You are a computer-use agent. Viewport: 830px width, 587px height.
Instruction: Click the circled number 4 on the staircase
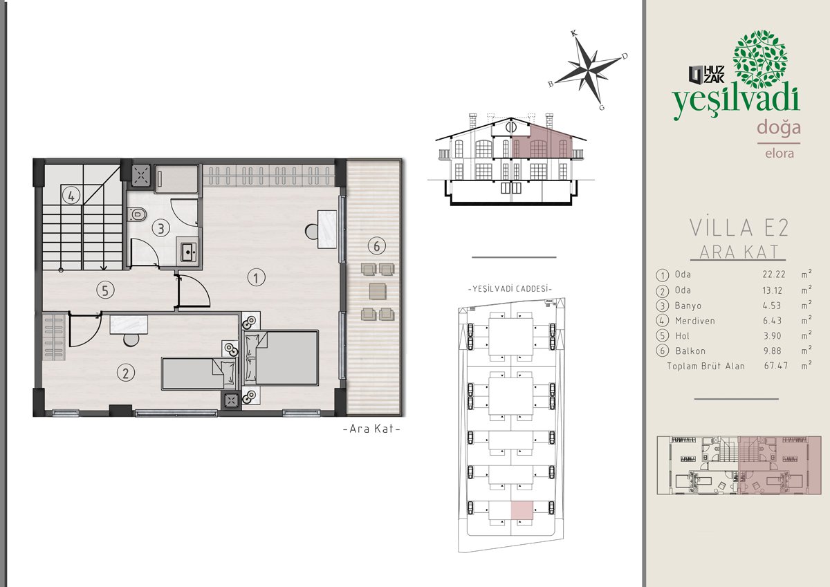[x=71, y=195]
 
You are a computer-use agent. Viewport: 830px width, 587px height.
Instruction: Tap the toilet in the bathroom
[x=137, y=214]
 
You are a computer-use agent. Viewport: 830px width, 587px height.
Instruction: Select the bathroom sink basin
[x=188, y=252]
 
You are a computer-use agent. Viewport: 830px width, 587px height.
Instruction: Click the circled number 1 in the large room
[x=256, y=277]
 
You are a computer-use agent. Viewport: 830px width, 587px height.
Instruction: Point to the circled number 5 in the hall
[x=105, y=290]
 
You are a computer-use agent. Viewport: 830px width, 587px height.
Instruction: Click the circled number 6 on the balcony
[x=377, y=246]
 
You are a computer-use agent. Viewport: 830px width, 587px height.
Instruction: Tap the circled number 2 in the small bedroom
[x=126, y=373]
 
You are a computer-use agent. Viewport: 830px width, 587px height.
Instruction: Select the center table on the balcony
[x=378, y=291]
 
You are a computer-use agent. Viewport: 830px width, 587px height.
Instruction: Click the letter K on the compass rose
[x=574, y=34]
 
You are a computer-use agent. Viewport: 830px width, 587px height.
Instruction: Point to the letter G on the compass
[x=602, y=107]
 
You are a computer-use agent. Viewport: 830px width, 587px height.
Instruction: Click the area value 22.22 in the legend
[x=774, y=274]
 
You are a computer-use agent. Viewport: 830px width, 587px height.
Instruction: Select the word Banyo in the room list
[x=688, y=306]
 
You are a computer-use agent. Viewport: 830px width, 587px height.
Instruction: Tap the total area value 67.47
[x=775, y=366]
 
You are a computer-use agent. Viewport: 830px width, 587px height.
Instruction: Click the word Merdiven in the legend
[x=694, y=321]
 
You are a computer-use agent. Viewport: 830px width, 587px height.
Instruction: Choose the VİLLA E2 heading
[x=739, y=227]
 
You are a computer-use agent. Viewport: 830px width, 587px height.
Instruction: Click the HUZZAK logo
[x=706, y=75]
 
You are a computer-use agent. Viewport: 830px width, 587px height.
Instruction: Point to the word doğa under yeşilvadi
[x=779, y=128]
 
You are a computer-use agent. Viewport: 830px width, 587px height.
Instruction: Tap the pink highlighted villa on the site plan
[x=522, y=510]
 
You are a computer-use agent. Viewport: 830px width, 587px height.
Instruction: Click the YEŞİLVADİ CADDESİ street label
[x=510, y=289]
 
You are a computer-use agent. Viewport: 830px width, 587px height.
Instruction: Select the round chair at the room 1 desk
[x=312, y=232]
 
